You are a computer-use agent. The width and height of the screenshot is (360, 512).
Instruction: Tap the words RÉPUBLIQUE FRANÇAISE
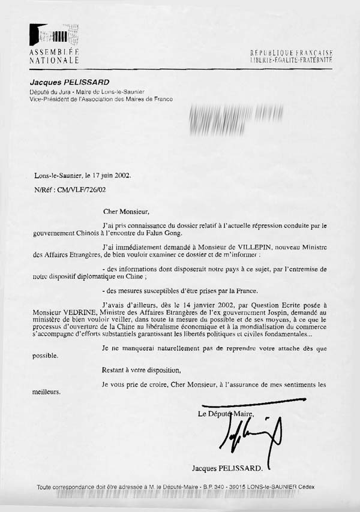[x=291, y=53]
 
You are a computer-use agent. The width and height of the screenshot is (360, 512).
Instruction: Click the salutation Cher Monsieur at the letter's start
[x=124, y=211]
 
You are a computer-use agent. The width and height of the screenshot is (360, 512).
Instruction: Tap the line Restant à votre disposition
[x=141, y=371]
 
